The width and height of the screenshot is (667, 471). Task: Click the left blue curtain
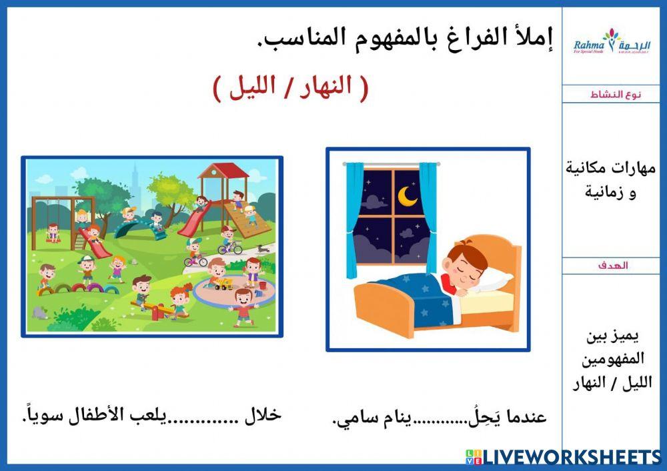[x=354, y=220]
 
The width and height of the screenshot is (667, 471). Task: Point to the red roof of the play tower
[x=223, y=170]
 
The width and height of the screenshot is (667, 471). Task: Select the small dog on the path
[x=262, y=248]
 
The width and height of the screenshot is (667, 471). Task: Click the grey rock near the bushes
[x=41, y=312]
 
